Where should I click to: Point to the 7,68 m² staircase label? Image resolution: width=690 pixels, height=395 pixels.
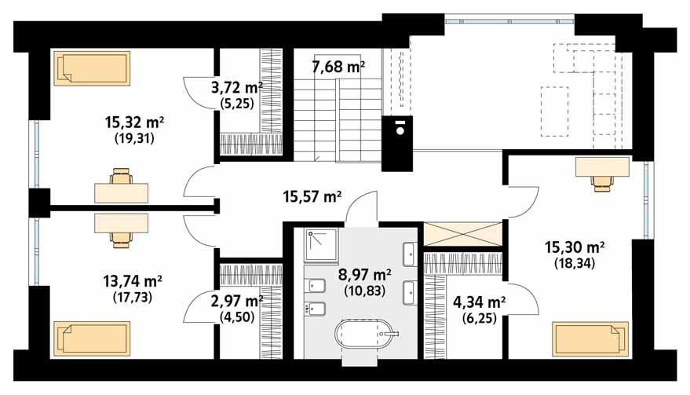pyautogui.click(x=338, y=68)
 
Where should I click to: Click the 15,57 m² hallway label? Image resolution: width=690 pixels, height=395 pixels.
pyautogui.click(x=312, y=197)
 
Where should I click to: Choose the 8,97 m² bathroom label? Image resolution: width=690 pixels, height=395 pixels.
pyautogui.click(x=363, y=275)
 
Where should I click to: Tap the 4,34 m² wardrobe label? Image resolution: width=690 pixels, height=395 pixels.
pyautogui.click(x=478, y=301)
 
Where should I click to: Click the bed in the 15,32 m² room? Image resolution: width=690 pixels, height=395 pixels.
pyautogui.click(x=91, y=68)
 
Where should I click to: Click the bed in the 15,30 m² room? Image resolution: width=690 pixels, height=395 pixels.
pyautogui.click(x=590, y=338)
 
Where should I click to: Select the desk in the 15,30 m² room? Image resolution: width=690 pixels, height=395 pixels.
pyautogui.click(x=602, y=167)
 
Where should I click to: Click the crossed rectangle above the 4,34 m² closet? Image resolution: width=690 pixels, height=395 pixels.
pyautogui.click(x=462, y=235)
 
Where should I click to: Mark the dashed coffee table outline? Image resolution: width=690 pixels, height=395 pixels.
pyautogui.click(x=554, y=110)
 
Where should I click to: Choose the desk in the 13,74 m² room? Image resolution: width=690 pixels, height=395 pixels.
pyautogui.click(x=121, y=223)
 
